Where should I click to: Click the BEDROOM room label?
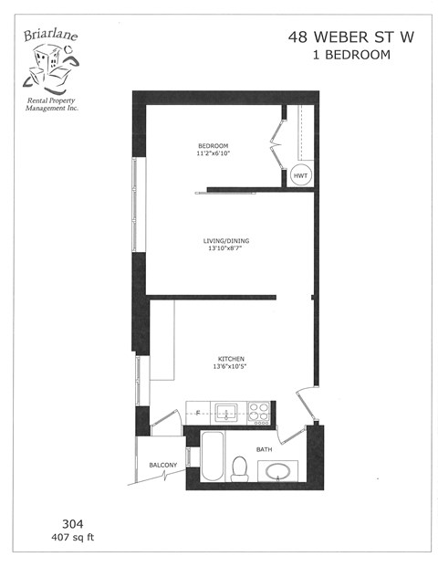[213, 146]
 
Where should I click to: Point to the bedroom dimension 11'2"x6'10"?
[213, 154]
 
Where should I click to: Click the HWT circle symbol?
[301, 175]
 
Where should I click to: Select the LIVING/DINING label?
[225, 241]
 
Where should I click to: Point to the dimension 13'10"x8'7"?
[225, 249]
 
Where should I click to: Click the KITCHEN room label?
[230, 359]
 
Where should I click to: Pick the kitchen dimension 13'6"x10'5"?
[230, 367]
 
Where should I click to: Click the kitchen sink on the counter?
[226, 412]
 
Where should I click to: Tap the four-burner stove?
[259, 412]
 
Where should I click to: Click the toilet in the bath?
[241, 467]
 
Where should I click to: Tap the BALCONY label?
[163, 466]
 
